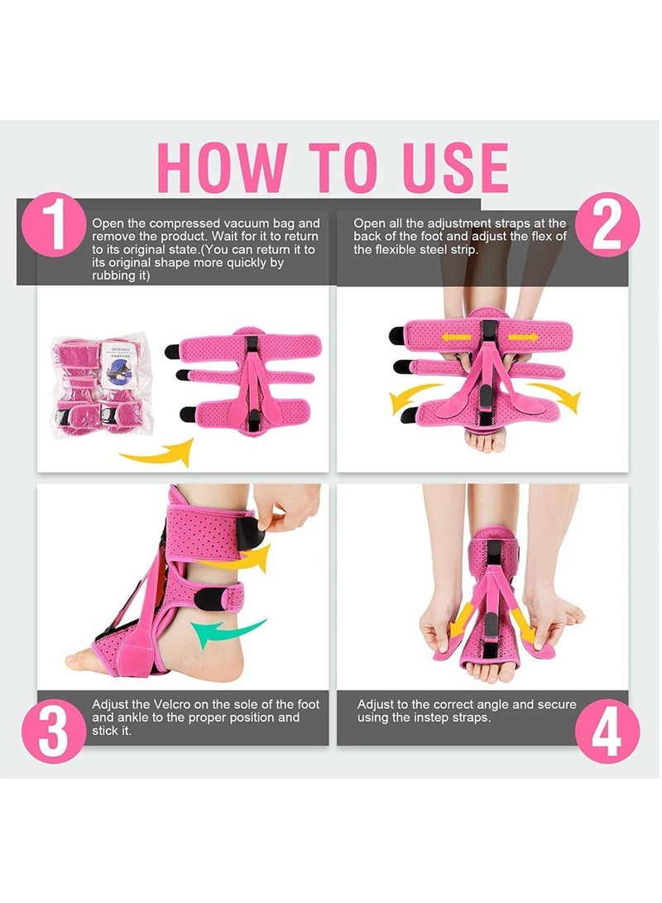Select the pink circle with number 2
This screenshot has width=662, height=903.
[607, 223]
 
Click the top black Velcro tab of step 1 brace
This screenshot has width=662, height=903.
[173, 351]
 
